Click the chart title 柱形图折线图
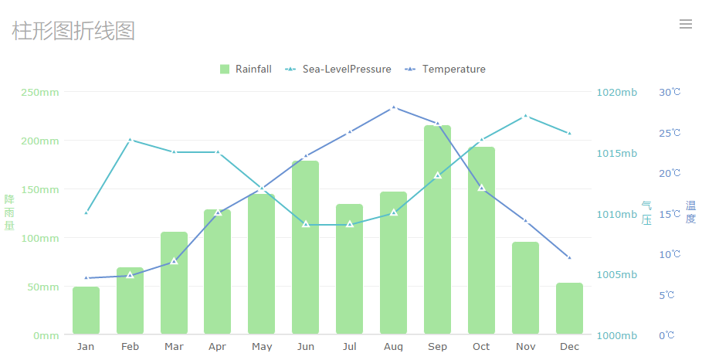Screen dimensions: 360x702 pos(73,31)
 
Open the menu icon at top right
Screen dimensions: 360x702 pos(685,24)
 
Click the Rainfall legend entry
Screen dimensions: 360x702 pos(246,70)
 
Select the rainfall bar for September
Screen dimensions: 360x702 pos(437,232)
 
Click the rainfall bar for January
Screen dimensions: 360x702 pos(86,311)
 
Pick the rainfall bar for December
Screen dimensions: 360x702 pos(569,308)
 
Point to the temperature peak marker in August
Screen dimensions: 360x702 pos(393,107)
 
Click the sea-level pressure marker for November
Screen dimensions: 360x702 pos(525,116)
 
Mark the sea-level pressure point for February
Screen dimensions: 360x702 pos(130,140)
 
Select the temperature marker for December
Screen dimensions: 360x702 pos(569,257)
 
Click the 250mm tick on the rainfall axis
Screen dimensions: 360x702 pos(39,93)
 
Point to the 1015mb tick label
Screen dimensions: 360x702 pos(616,153)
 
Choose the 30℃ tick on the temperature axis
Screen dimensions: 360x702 pos(670,93)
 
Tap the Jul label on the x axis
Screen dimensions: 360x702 pos(349,347)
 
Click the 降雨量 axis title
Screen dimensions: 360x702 pos(9,212)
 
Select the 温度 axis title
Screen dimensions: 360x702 pos(690,212)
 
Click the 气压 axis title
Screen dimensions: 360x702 pos(646,212)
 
